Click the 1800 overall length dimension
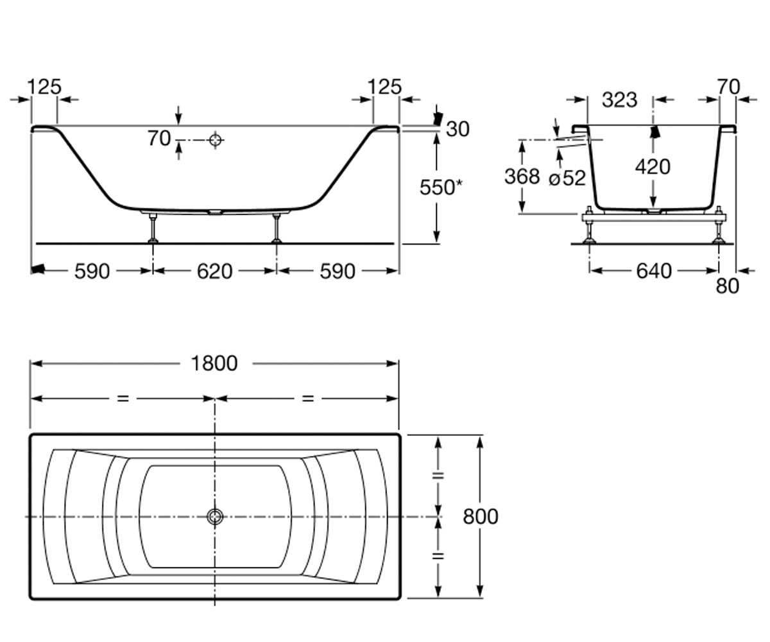[x=214, y=363]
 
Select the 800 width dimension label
[x=481, y=516]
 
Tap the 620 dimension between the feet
[x=214, y=272]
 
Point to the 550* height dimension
[x=441, y=187]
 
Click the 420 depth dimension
[x=653, y=167]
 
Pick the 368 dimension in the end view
[x=522, y=177]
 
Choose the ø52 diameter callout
[x=567, y=178]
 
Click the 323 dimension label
[x=620, y=100]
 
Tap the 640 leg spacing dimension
[x=654, y=272]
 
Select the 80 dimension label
[x=728, y=286]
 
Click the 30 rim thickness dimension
[x=458, y=129]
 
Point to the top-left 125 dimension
[x=44, y=87]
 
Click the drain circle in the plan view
[x=215, y=517]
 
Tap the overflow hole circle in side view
[x=216, y=140]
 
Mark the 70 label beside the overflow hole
[x=159, y=139]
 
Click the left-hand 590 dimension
[x=92, y=272]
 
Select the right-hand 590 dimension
[x=338, y=272]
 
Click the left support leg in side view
[x=153, y=228]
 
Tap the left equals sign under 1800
[x=123, y=399]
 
